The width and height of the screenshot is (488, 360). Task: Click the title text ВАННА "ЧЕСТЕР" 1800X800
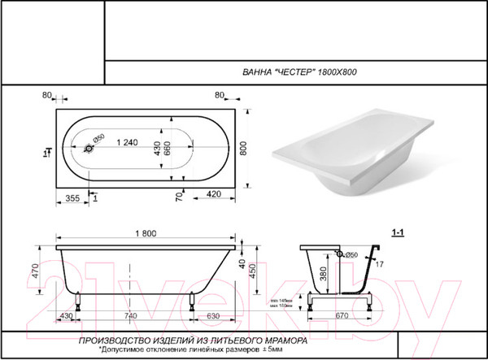(300, 72)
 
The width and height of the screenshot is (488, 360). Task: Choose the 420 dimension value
(215, 195)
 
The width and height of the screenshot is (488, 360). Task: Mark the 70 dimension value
(176, 195)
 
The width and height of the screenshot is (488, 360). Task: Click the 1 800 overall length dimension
(146, 233)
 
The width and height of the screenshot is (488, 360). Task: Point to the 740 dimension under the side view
(130, 315)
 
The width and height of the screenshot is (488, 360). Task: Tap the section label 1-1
(399, 233)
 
